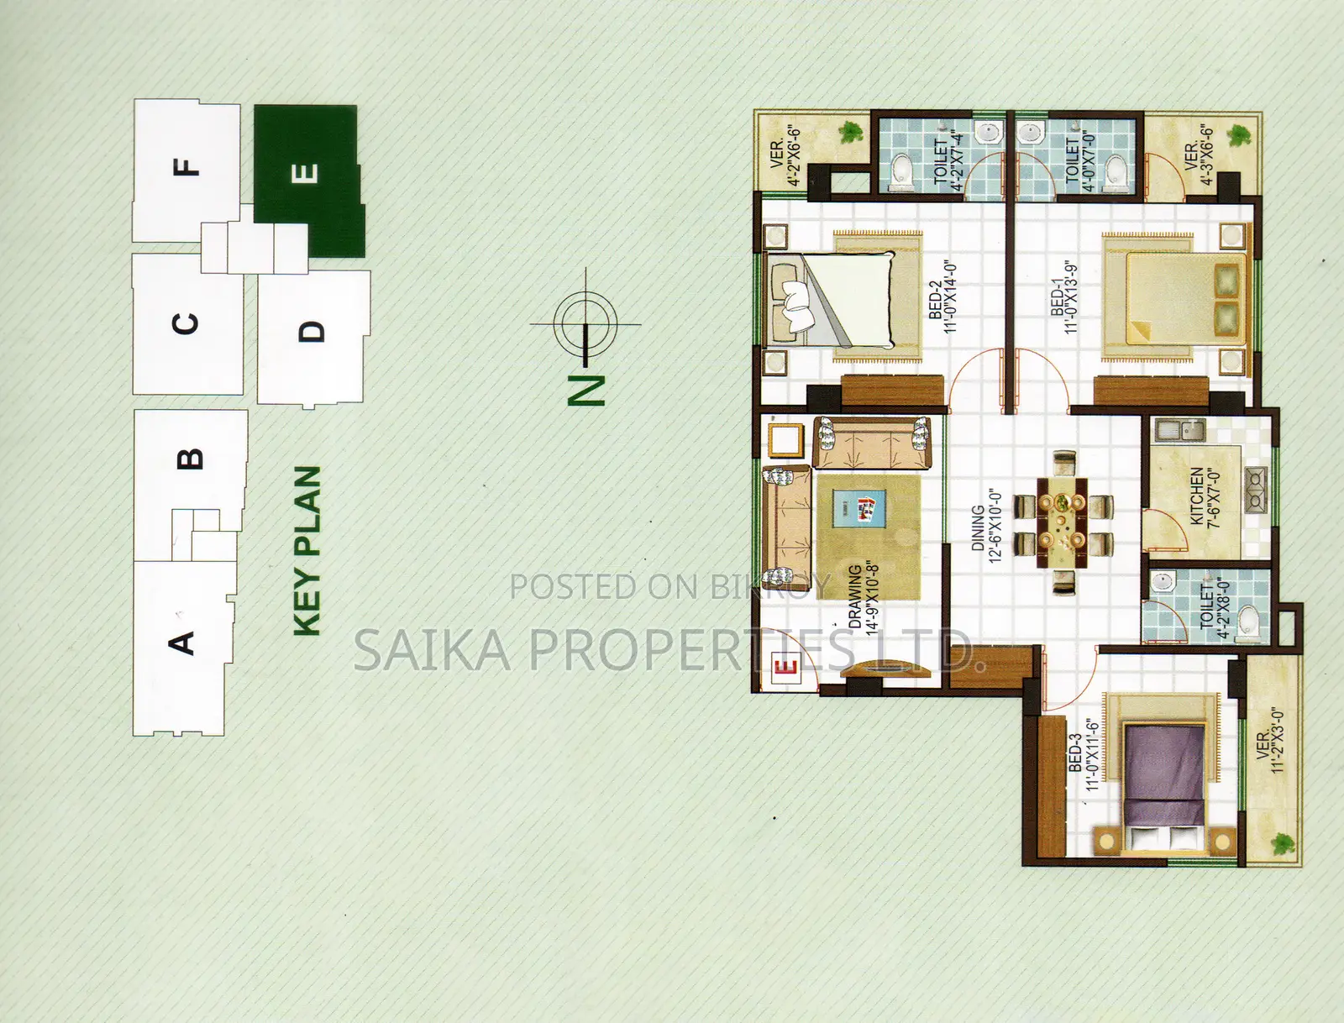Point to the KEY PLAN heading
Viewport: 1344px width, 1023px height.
pos(307,551)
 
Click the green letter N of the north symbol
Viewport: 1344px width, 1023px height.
pos(586,390)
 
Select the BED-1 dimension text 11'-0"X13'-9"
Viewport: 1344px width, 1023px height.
pos(1070,297)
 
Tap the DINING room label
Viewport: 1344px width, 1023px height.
pos(977,528)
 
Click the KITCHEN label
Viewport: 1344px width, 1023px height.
pos(1197,496)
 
